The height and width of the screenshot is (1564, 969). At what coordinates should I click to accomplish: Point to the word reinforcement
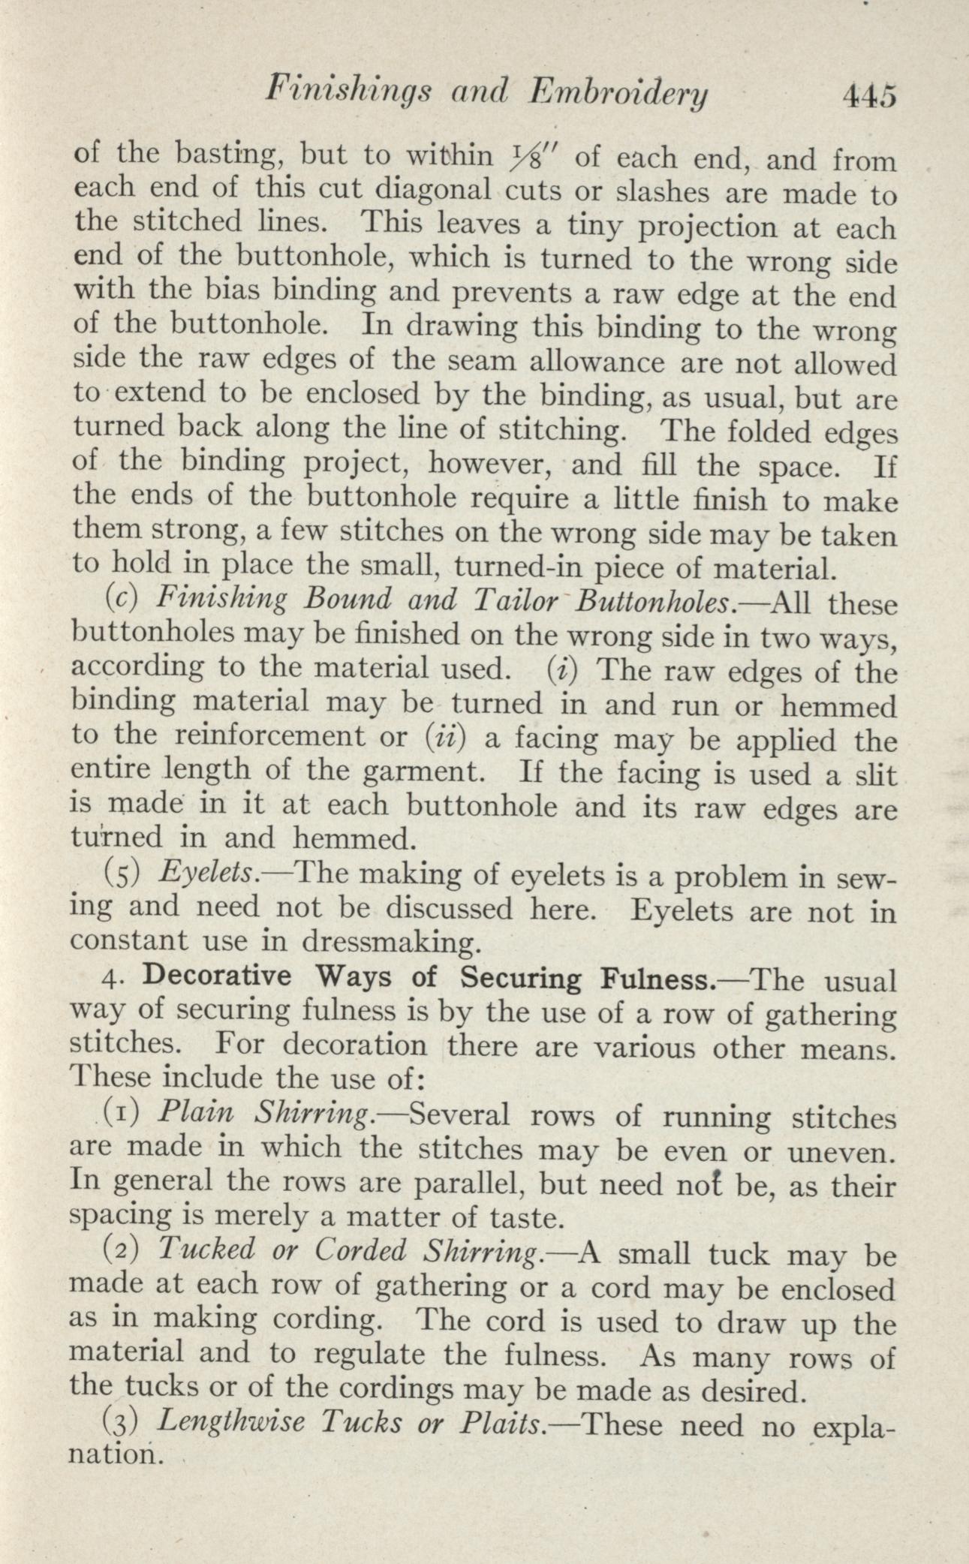pyautogui.click(x=271, y=737)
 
